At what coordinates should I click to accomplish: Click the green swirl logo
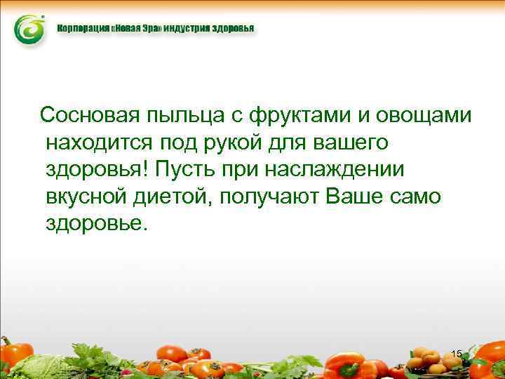pyautogui.click(x=30, y=30)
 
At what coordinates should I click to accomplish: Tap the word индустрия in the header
pyautogui.click(x=184, y=30)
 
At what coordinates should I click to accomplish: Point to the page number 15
pyautogui.click(x=457, y=354)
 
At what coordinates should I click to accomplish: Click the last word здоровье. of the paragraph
pyautogui.click(x=97, y=225)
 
